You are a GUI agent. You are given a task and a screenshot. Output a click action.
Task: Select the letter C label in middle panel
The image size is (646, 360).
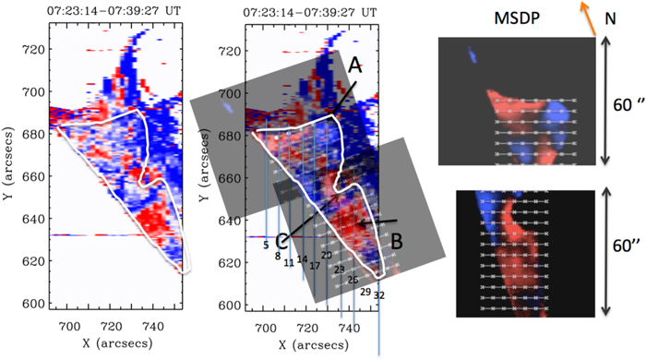(283, 241)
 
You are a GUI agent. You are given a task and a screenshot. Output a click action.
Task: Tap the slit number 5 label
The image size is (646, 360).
(266, 245)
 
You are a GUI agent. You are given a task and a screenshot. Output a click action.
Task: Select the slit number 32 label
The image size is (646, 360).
(379, 294)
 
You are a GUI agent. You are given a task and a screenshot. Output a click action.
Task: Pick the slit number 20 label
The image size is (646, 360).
(326, 255)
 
